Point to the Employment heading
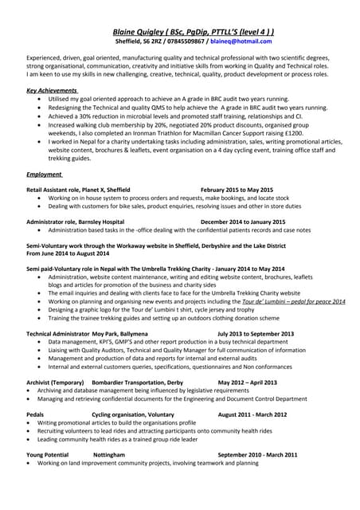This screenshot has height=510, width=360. [45, 173]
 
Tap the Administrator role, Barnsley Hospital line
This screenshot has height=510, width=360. [76, 222]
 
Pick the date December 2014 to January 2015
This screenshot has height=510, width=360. [243, 222]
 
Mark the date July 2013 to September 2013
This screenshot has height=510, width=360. [255, 334]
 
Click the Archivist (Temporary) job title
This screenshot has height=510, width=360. [55, 382]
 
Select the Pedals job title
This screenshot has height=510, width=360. [35, 415]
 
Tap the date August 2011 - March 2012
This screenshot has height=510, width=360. [252, 415]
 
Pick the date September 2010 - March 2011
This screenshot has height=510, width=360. [257, 454]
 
